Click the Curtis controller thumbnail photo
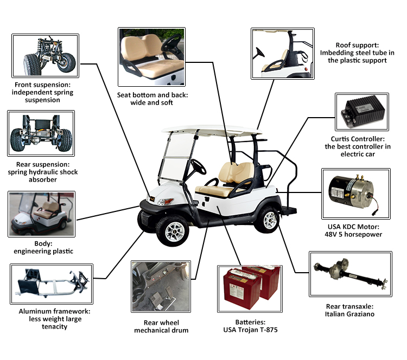pos(362,112)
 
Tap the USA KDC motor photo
pos(356,194)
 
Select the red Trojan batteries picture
pos(250,288)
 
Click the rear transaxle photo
pos(351,274)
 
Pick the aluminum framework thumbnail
pos(52,284)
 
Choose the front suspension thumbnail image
pos(45,56)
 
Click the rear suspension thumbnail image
pos(41,133)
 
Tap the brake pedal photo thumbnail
pos(161,286)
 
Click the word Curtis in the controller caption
pos(341,139)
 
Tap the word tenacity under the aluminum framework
pos(54,326)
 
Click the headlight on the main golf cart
pos(166,201)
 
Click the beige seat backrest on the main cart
pos(236,173)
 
